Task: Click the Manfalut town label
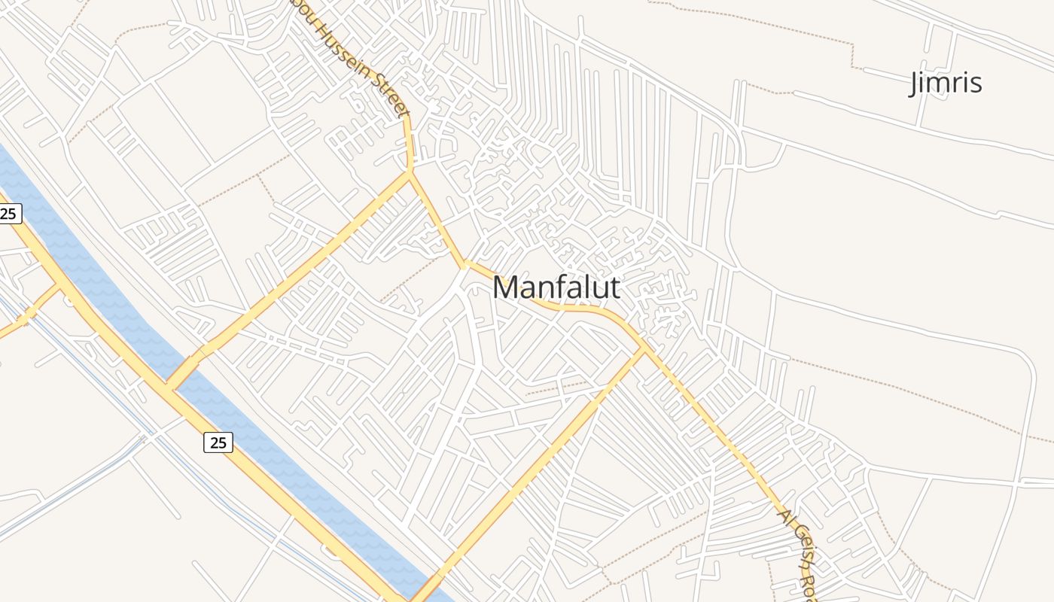(x=556, y=287)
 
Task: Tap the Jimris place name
(x=946, y=82)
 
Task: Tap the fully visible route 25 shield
(x=218, y=442)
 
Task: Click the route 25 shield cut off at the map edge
(x=8, y=214)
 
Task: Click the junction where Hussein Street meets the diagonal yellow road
(x=410, y=174)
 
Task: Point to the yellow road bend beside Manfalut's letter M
(x=466, y=263)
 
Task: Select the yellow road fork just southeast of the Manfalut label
(x=642, y=349)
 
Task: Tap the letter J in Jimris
(x=914, y=84)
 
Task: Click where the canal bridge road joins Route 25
(x=170, y=387)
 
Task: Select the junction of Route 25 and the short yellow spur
(x=59, y=284)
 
